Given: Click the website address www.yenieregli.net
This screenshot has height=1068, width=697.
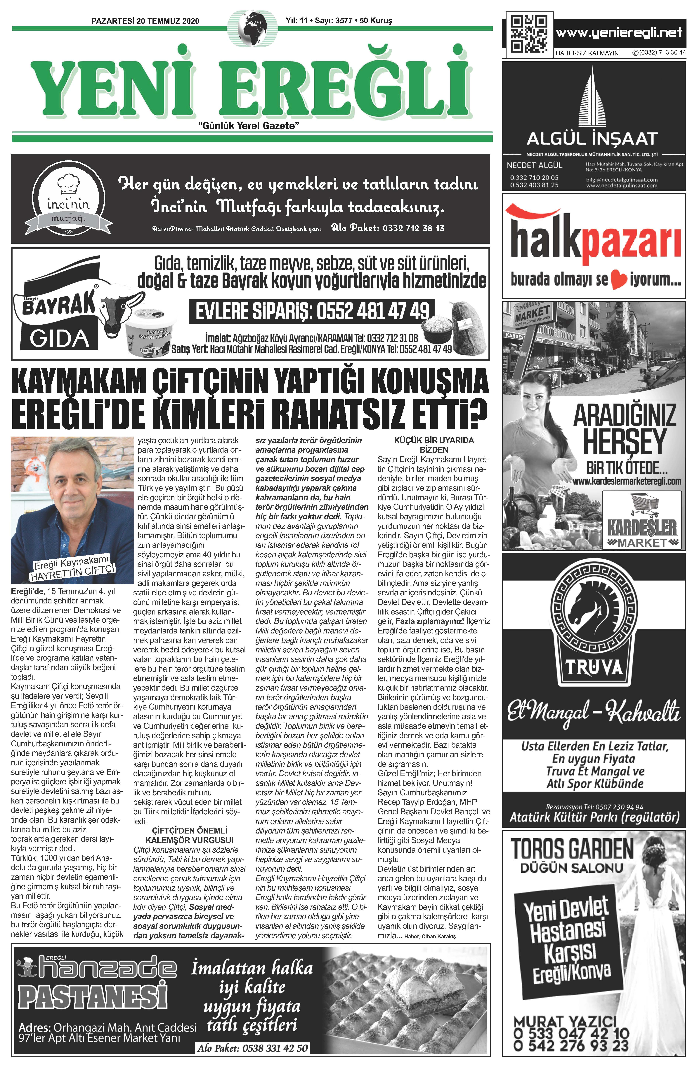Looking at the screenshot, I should coord(619,32).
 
